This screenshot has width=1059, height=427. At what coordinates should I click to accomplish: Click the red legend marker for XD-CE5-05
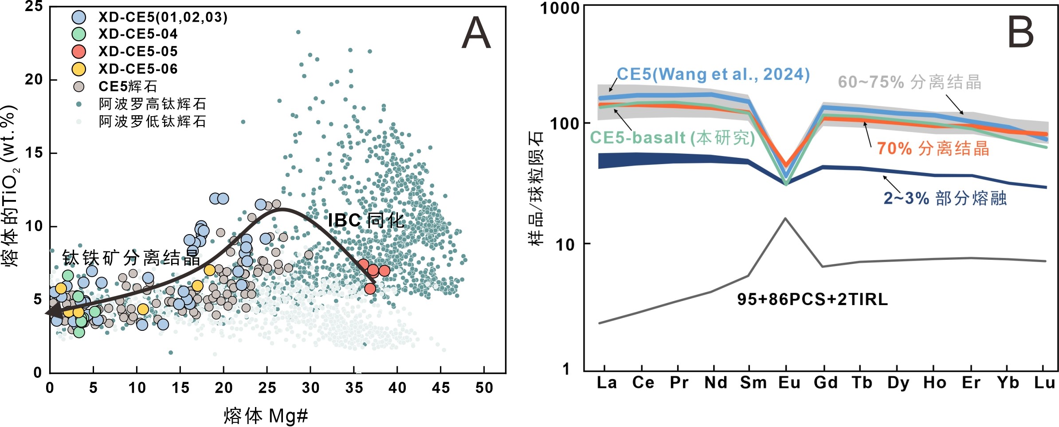point(79,51)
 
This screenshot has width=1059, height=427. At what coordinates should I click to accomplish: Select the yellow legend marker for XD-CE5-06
point(79,69)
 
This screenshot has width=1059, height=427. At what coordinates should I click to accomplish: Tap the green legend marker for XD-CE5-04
point(79,34)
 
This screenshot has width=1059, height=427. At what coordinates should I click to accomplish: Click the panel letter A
point(476,33)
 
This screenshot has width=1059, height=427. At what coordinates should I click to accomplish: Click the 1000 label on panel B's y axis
point(560,8)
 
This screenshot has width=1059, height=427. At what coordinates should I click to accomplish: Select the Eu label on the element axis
point(789,383)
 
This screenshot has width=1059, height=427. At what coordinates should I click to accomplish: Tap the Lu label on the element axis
point(1044,383)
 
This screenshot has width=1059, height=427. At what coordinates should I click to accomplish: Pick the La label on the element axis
point(606,383)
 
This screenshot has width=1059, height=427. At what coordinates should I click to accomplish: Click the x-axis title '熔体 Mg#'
point(266,416)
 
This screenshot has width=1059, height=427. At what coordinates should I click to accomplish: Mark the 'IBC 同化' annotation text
point(366,220)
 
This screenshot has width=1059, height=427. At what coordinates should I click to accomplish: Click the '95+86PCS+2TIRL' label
point(812,299)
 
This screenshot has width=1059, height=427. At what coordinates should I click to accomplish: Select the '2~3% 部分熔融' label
point(945,198)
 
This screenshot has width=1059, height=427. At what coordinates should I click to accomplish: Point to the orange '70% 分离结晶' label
point(933,148)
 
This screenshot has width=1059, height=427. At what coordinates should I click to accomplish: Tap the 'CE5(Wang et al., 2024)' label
point(713,74)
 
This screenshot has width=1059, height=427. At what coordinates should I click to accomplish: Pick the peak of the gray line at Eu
point(785,218)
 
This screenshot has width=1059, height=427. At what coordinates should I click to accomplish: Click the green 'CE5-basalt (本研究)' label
point(672,137)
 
